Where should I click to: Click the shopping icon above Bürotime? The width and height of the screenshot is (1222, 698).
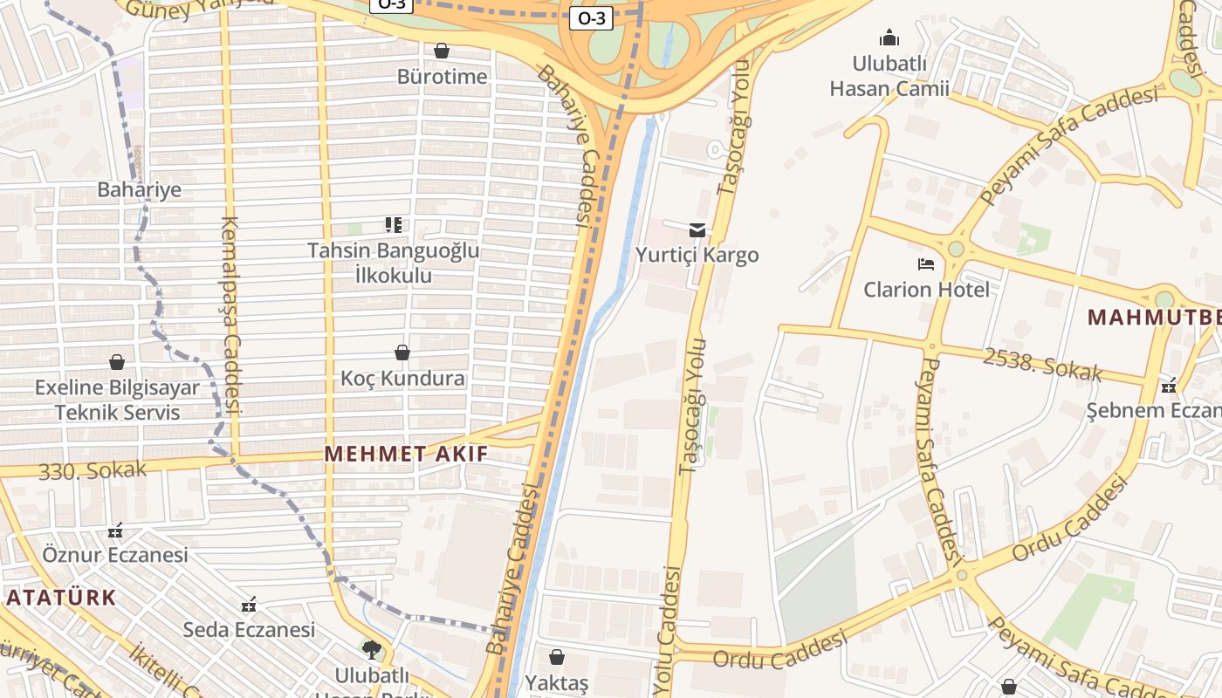click(442, 51)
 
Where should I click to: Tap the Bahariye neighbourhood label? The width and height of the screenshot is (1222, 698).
click(139, 189)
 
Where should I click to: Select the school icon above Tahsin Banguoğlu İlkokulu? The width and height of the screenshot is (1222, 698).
click(394, 225)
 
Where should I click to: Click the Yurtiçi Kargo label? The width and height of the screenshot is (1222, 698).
click(697, 255)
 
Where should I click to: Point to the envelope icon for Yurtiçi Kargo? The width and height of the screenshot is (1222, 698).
click(697, 230)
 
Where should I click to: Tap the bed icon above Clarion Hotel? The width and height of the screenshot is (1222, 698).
click(926, 263)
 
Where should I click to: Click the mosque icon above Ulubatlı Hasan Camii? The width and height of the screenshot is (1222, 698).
click(889, 38)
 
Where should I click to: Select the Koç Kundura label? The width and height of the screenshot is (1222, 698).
click(402, 379)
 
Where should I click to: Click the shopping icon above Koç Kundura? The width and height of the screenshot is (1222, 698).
click(402, 352)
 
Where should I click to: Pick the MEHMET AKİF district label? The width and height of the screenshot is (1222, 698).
click(407, 454)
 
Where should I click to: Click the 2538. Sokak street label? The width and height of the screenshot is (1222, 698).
click(1042, 365)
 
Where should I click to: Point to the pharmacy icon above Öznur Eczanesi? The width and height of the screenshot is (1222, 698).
click(115, 530)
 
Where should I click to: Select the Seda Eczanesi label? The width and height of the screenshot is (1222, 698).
click(249, 629)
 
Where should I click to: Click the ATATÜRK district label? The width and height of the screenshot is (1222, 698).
click(61, 598)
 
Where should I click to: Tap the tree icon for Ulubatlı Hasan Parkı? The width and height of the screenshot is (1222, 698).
click(372, 649)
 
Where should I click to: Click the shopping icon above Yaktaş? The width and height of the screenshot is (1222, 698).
click(557, 657)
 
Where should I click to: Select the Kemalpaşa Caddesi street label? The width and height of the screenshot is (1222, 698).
click(230, 314)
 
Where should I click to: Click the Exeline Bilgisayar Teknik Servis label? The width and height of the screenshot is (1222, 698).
click(117, 400)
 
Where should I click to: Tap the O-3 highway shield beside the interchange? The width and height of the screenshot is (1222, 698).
click(591, 17)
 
